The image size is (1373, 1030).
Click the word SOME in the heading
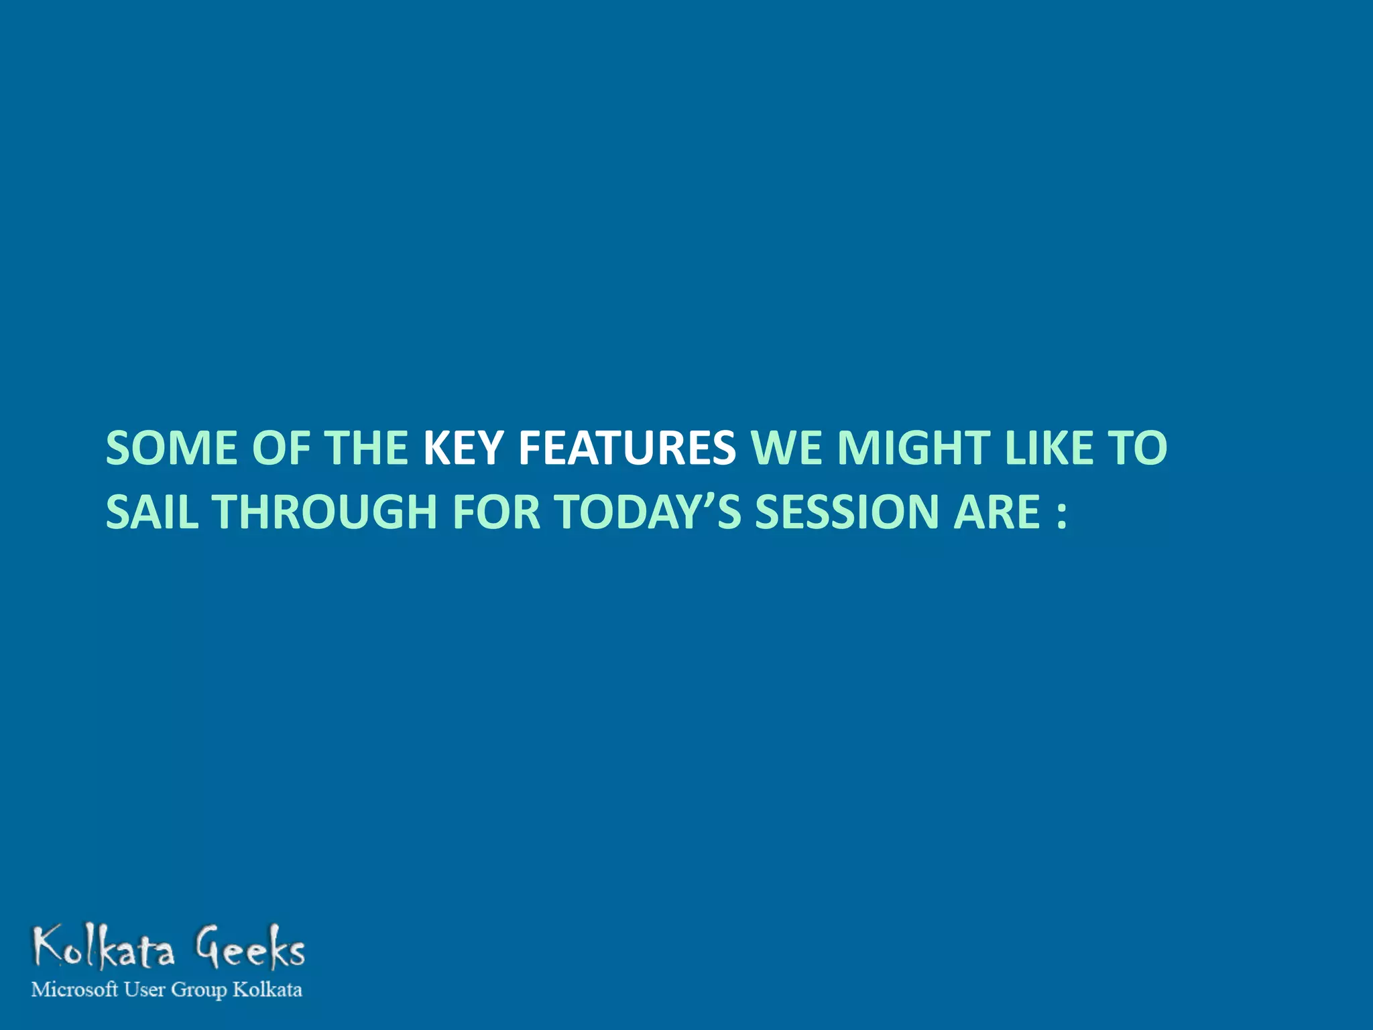(171, 448)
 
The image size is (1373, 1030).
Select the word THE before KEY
(365, 448)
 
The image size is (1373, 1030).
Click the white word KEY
(463, 448)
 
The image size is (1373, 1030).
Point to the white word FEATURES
(627, 448)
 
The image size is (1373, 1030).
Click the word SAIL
(152, 512)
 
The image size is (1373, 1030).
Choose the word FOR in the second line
(496, 512)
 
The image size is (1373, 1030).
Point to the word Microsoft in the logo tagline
(74, 990)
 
